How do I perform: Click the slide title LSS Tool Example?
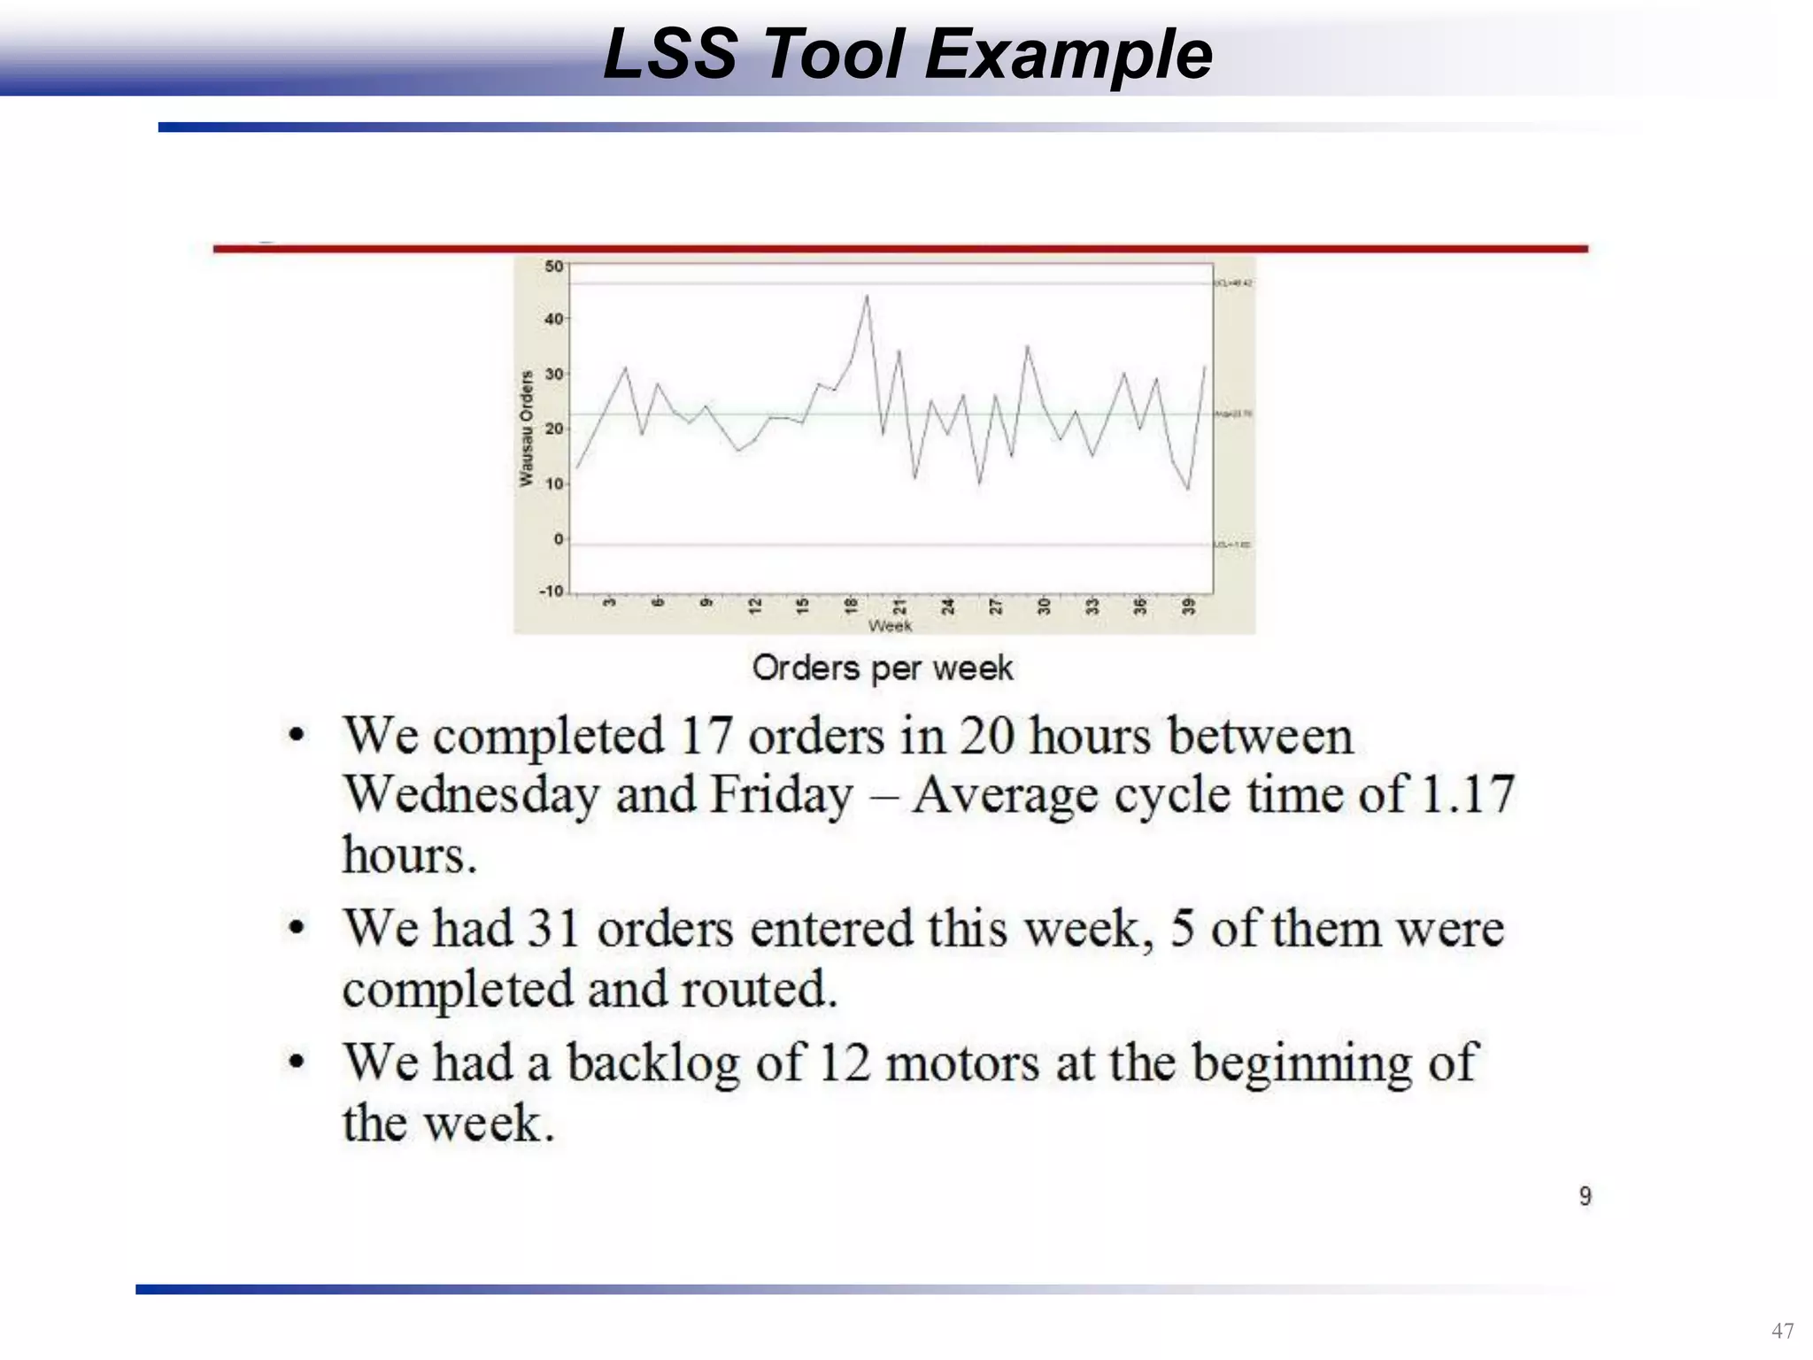click(x=907, y=55)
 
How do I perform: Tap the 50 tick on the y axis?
click(x=554, y=267)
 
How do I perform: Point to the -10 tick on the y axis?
click(x=551, y=591)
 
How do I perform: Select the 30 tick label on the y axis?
click(x=554, y=375)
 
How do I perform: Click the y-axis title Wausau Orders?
click(x=527, y=429)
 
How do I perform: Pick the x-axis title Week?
click(x=890, y=626)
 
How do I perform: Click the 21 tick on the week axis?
click(x=899, y=607)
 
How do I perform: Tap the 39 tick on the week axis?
click(x=1189, y=607)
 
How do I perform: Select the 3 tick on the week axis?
click(x=609, y=604)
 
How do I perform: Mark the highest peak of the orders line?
click(x=867, y=297)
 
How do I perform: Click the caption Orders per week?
click(x=883, y=668)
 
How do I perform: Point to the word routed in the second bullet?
click(x=757, y=989)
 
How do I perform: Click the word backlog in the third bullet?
click(x=653, y=1063)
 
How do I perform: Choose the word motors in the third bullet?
click(x=962, y=1063)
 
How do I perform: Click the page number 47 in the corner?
click(x=1782, y=1331)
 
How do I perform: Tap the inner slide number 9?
click(x=1585, y=1196)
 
